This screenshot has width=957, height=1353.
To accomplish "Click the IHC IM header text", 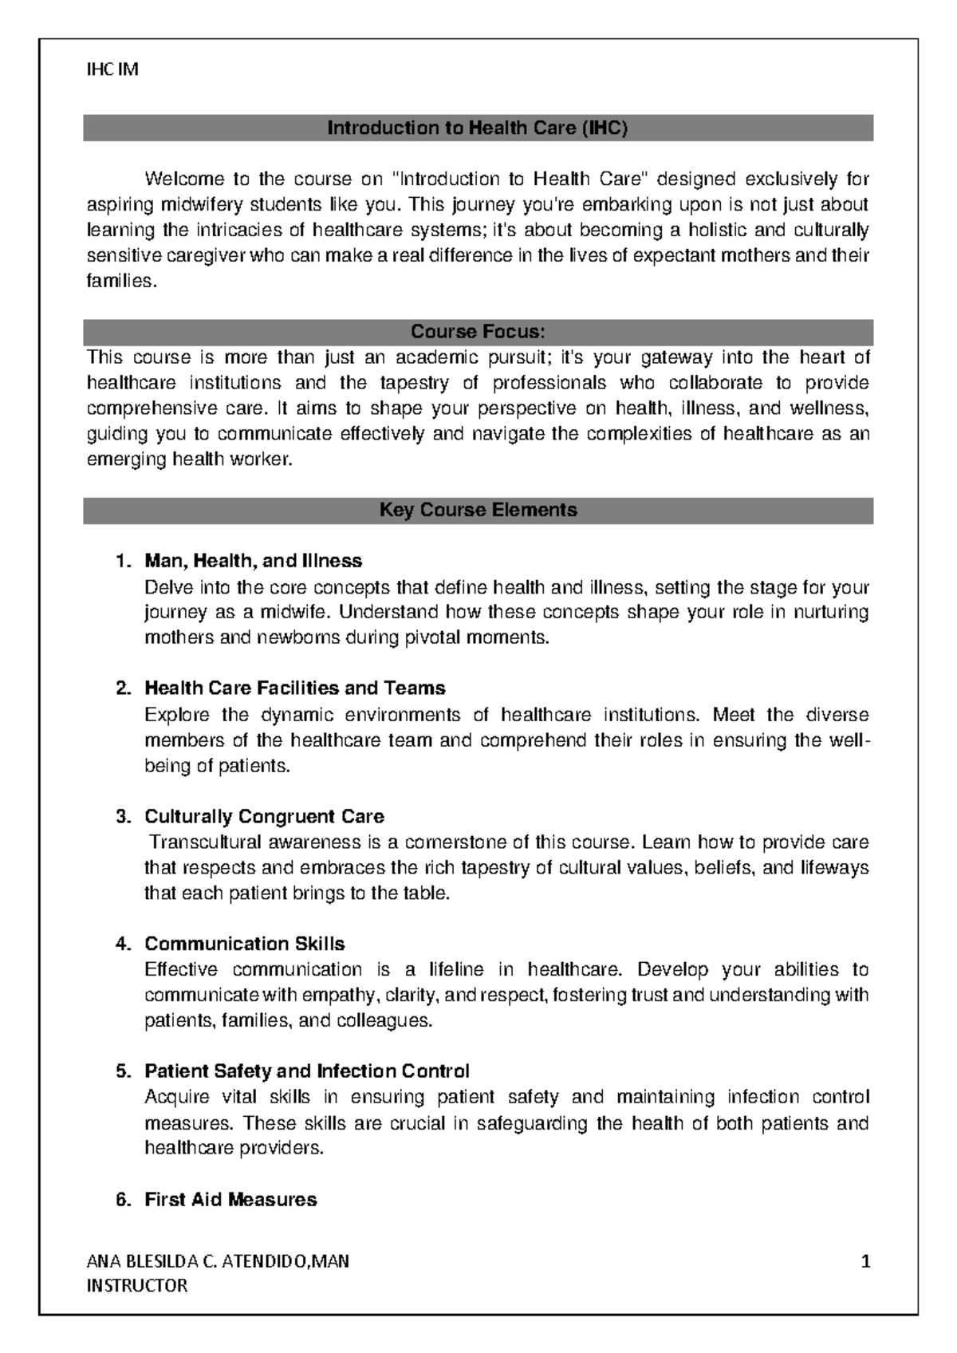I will point(112,69).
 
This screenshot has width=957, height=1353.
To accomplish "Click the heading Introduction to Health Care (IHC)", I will point(478,128).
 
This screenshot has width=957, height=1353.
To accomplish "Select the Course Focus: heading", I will point(478,331).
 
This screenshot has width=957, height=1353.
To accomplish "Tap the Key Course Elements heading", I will point(478,510).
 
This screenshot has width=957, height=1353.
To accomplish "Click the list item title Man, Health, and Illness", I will point(253,561).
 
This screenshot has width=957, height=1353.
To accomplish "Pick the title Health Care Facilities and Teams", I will point(294,688).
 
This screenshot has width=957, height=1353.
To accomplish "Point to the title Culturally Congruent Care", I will point(264,817).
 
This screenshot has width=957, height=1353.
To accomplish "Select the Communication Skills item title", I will point(244,945).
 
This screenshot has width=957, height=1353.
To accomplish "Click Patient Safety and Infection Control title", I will point(306,1071).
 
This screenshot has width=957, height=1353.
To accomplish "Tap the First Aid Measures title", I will point(230,1200).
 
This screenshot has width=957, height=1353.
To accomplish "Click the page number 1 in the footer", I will point(865,1262).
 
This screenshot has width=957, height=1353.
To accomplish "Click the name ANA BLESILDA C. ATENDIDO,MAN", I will point(217,1262).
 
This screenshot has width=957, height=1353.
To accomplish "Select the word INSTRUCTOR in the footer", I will point(136,1286).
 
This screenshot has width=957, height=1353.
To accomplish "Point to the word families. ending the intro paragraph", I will point(118,282).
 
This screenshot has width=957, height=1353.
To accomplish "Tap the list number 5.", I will point(122,1071).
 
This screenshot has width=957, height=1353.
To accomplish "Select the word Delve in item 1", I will point(164,588).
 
